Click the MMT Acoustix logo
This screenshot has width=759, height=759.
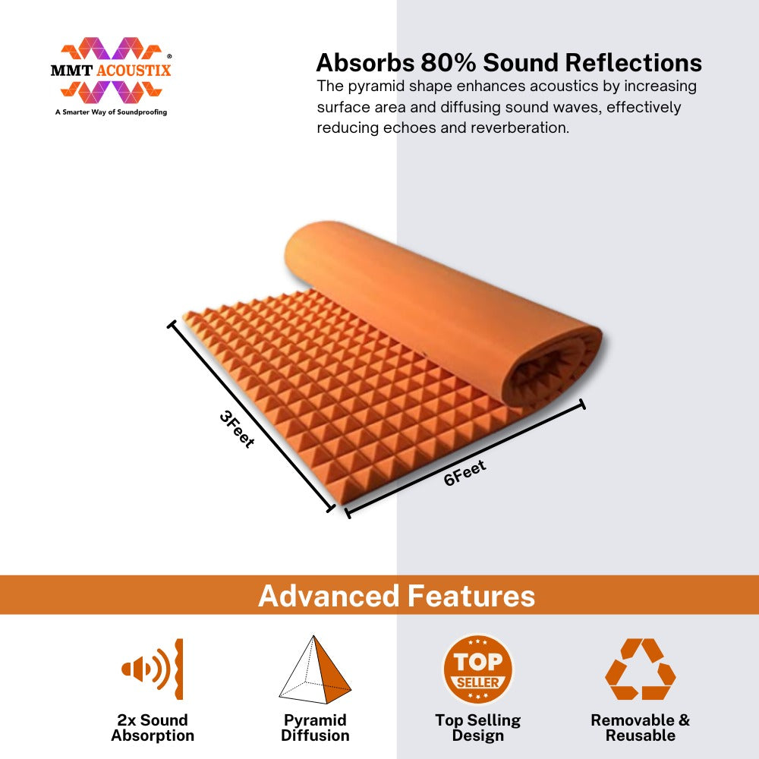point(111,71)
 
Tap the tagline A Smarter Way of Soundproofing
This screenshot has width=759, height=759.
point(111,112)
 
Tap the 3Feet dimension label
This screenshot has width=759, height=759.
point(237,429)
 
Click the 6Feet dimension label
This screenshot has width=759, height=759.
point(465,473)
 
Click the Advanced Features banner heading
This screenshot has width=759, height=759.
point(396,595)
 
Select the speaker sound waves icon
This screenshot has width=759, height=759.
point(152,669)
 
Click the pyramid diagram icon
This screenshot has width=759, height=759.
point(315,669)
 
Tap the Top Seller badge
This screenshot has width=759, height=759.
point(477,669)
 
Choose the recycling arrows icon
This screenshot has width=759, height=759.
point(641,669)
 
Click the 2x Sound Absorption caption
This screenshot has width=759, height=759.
point(153,728)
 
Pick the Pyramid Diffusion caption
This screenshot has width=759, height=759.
point(315,728)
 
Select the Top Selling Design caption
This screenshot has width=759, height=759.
point(477,728)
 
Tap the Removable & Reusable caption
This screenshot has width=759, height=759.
point(641,728)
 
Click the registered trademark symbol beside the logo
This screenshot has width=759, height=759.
point(169,56)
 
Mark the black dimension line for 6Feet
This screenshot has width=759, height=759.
point(465,458)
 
